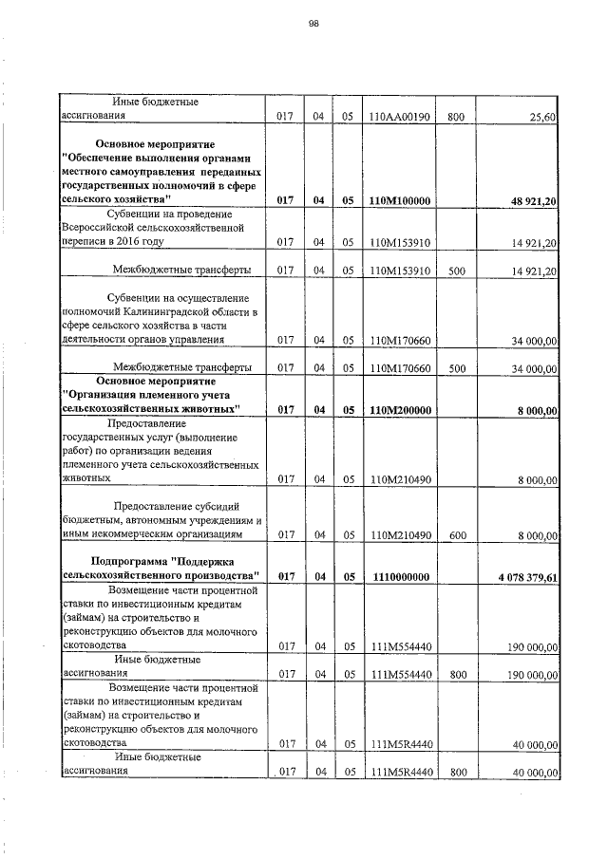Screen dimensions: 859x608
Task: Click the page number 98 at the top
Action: click(x=313, y=26)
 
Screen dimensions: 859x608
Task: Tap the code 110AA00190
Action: click(x=399, y=116)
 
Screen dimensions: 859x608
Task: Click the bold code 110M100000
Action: click(x=400, y=201)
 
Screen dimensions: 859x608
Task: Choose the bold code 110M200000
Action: click(x=400, y=410)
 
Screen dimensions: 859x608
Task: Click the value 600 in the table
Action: click(x=457, y=536)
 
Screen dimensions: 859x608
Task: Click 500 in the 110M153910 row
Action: click(x=457, y=271)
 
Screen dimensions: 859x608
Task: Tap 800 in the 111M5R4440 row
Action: click(x=457, y=774)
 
